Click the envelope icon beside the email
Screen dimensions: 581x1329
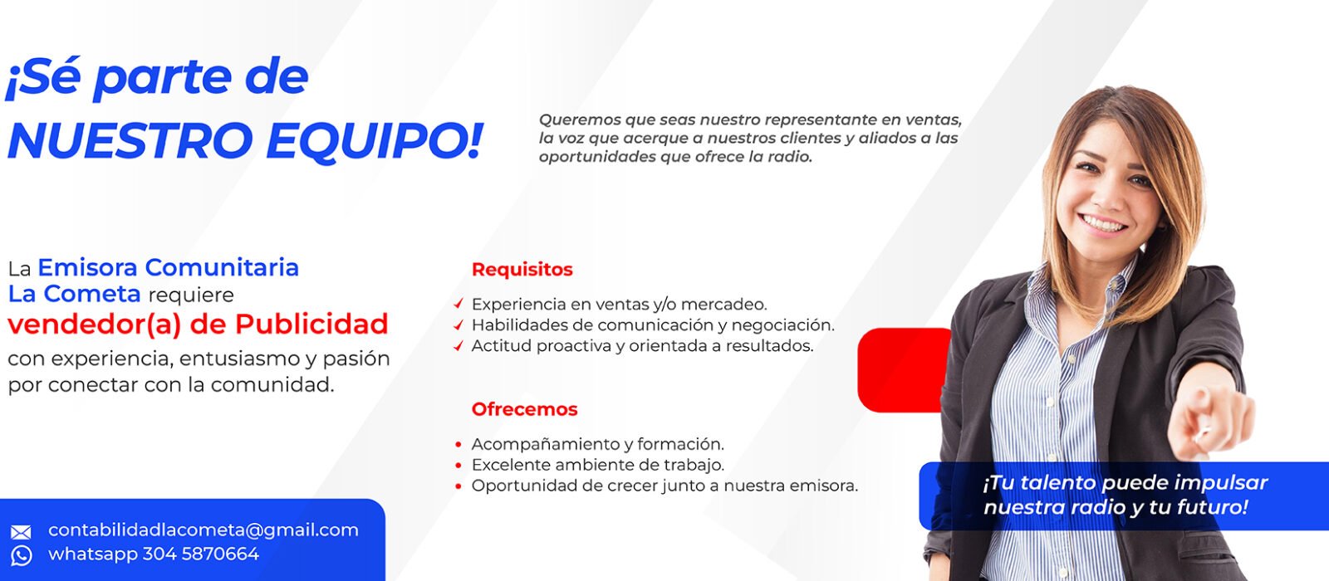pos(22,532)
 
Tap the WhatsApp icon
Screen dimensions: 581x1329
pos(22,555)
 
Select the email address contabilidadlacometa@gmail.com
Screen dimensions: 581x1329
pos(204,530)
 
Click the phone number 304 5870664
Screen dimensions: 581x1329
pos(201,554)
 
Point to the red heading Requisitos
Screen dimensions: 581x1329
pos(522,269)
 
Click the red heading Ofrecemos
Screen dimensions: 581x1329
pos(524,409)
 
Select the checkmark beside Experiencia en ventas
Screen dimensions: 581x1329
pos(459,304)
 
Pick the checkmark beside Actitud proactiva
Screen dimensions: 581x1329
pos(459,345)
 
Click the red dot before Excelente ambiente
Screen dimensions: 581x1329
pos(459,465)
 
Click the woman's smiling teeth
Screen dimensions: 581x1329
pos(1103,223)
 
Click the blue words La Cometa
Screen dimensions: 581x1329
pos(75,294)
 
